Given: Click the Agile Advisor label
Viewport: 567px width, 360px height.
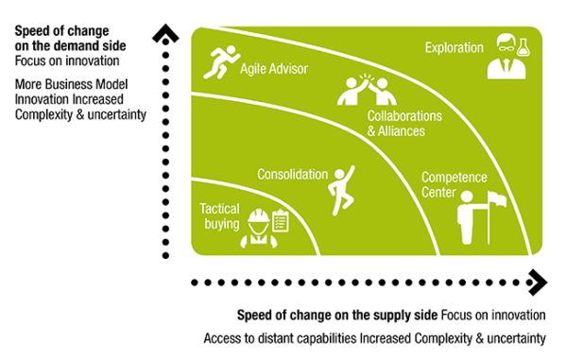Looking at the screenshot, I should pyautogui.click(x=274, y=69).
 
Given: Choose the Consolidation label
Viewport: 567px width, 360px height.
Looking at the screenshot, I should pyautogui.click(x=292, y=175).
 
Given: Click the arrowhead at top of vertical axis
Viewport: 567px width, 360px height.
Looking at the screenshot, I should pyautogui.click(x=167, y=37).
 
